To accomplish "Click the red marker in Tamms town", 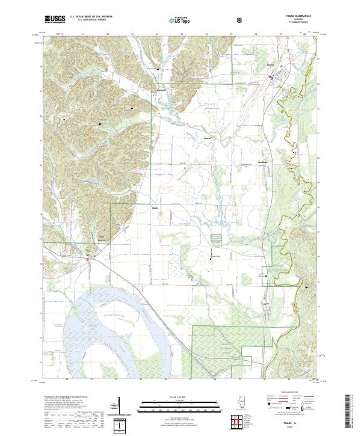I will [x=271, y=76].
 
